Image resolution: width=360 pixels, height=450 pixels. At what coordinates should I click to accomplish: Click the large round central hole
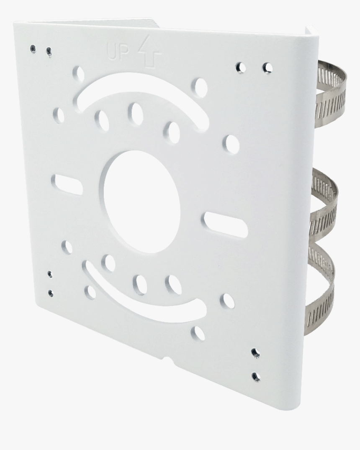(142, 202)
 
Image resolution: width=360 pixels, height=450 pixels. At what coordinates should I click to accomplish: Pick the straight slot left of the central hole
(67, 185)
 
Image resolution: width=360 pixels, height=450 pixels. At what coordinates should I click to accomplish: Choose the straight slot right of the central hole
(225, 224)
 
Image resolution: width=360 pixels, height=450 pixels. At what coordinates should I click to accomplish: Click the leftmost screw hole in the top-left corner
(33, 49)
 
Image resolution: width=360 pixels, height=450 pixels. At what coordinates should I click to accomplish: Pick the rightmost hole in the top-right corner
(267, 68)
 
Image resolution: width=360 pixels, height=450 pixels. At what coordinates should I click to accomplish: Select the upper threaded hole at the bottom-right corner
(255, 353)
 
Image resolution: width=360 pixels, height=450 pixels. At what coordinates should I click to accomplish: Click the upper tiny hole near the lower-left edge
(50, 274)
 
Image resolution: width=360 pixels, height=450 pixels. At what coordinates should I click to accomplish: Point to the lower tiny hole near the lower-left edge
(51, 293)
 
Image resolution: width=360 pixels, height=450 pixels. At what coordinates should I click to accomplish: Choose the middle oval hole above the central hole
(135, 114)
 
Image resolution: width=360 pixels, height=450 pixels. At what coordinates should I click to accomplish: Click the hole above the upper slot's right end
(200, 87)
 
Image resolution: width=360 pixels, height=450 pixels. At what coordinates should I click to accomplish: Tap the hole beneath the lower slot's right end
(198, 333)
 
